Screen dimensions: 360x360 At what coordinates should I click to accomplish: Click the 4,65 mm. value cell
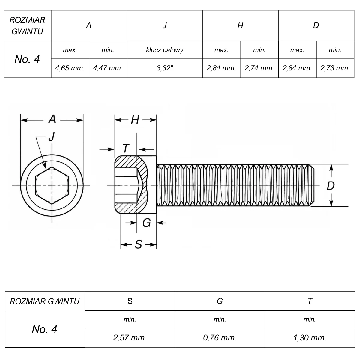[x=70, y=68]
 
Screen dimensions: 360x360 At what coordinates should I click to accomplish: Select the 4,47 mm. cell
[x=108, y=68]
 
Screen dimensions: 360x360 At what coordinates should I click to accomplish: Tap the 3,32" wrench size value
[x=165, y=68]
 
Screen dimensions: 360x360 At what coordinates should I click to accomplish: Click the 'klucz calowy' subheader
[x=165, y=50]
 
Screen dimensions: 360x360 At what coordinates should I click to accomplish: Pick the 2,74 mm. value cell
[x=259, y=68]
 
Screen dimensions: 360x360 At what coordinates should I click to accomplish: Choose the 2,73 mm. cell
[x=335, y=68]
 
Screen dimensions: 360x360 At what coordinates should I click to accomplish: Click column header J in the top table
[x=165, y=25]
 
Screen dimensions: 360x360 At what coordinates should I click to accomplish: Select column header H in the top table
[x=240, y=25]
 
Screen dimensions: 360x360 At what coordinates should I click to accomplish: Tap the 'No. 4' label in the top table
[x=27, y=59]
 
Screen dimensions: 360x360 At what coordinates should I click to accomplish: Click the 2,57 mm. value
[x=130, y=338]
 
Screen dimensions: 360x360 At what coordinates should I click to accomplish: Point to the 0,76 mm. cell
[x=220, y=338]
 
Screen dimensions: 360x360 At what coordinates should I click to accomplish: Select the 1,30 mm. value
[x=310, y=338]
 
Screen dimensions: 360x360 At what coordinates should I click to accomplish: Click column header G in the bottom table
[x=220, y=301]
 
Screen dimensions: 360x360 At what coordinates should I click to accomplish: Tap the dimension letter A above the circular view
[x=52, y=119]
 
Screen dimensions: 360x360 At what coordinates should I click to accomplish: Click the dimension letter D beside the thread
[x=331, y=186]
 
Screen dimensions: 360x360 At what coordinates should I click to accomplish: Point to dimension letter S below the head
[x=139, y=244]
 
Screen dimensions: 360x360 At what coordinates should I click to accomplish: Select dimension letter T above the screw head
[x=126, y=148]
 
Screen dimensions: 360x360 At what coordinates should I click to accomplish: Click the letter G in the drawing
[x=147, y=223]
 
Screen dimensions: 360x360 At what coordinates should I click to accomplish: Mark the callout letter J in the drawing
[x=52, y=136]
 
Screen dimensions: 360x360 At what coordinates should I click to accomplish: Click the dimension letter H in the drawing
[x=135, y=120]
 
